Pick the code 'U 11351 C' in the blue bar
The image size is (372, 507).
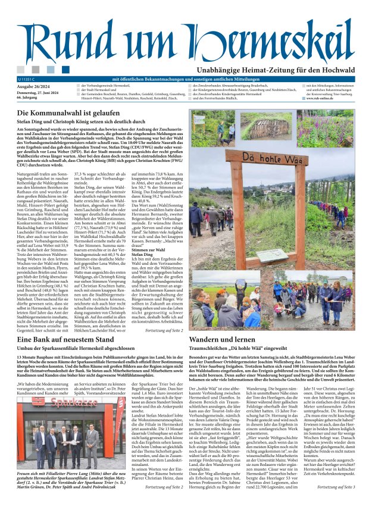27,79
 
